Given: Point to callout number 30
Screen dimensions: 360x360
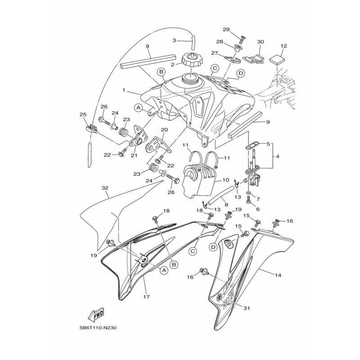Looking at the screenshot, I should pos(261,42).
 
